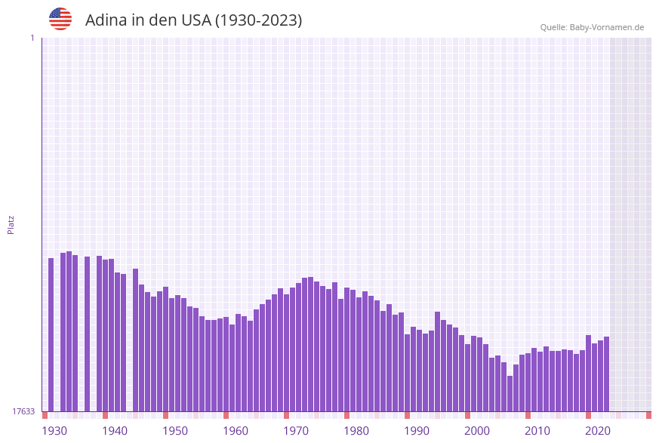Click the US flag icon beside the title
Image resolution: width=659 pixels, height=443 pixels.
[x=60, y=19]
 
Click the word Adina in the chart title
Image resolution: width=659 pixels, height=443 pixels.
[x=106, y=20]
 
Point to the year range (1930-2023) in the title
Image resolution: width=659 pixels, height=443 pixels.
[x=258, y=20]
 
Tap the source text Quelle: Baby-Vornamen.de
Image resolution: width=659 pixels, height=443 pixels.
[x=592, y=27]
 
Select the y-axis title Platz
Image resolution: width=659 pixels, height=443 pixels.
[x=11, y=224]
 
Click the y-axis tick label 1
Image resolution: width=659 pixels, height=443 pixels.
[x=32, y=38]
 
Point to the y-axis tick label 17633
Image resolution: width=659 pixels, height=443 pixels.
[x=23, y=411]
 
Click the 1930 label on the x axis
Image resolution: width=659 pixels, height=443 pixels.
[x=54, y=431]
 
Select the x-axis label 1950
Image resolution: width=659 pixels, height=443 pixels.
[x=175, y=431]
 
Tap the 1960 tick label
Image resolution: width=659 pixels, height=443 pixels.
[x=236, y=431]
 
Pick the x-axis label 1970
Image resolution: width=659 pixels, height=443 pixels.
[x=296, y=431]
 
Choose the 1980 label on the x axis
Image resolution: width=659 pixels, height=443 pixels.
[x=356, y=431]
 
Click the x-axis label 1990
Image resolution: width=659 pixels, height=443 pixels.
[x=417, y=431]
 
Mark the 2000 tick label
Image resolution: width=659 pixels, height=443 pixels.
[x=477, y=431]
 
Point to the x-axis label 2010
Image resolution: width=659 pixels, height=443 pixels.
[x=537, y=431]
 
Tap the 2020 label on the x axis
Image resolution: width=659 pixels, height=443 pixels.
[x=598, y=431]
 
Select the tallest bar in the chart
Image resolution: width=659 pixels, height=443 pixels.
[x=69, y=331]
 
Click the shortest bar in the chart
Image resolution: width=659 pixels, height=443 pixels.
[x=510, y=393]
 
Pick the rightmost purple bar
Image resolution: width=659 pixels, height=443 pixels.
[x=606, y=374]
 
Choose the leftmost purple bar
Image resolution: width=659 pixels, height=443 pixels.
[x=51, y=334]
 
